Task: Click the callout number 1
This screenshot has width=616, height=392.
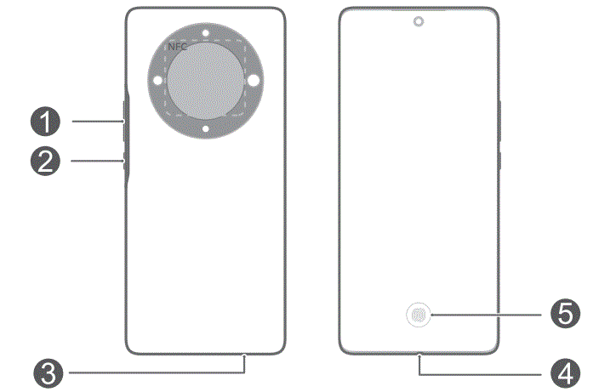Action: click(46, 122)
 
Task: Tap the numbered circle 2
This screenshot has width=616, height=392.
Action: click(46, 162)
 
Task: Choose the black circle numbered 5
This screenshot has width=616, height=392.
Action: click(564, 315)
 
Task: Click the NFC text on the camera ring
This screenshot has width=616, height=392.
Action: click(177, 48)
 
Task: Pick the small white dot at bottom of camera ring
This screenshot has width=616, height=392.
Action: click(206, 129)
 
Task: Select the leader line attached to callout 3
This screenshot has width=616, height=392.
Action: click(153, 371)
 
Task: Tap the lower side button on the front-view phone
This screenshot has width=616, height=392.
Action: click(500, 161)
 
